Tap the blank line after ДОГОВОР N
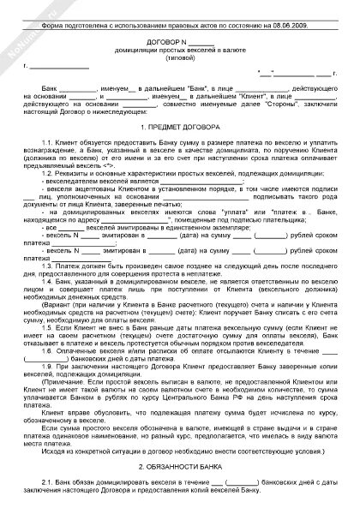click(201, 42)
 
